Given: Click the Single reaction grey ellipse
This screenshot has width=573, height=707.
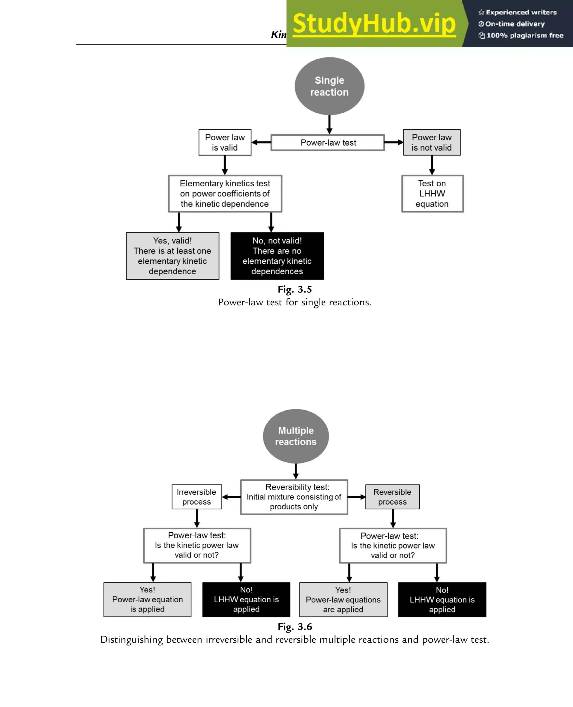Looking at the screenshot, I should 329,86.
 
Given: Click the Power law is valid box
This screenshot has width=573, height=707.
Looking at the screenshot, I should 225,142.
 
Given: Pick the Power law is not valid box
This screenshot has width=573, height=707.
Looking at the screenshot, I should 431,142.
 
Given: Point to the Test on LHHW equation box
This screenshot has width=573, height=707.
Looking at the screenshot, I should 432,193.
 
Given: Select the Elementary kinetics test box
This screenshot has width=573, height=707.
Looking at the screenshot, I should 225,193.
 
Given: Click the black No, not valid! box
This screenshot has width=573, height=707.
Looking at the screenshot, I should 277,256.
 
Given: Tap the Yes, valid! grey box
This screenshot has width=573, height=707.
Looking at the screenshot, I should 172,256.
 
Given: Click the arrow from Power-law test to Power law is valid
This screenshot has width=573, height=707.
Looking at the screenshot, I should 261,142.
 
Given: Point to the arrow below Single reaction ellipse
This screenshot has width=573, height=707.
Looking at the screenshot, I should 329,125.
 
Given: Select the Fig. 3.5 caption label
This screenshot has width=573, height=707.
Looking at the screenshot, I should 294,289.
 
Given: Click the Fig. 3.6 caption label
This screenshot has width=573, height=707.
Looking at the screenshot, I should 294,626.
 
